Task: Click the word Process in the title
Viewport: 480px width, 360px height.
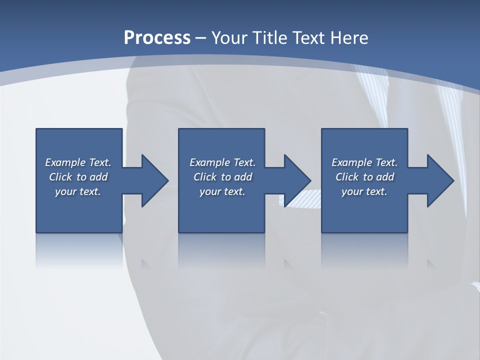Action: pos(157,37)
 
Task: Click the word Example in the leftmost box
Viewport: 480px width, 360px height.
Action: pos(65,162)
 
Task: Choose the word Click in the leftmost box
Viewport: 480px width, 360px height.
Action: pos(60,177)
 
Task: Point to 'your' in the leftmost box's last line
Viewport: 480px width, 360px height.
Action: pos(66,192)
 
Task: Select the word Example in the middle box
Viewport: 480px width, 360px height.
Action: pos(210,162)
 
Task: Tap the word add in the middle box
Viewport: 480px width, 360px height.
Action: pos(243,177)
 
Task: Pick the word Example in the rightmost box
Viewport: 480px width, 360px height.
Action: pos(352,162)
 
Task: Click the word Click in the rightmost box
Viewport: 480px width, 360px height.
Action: pos(347,177)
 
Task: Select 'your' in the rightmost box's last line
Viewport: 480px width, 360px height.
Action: pos(352,192)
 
